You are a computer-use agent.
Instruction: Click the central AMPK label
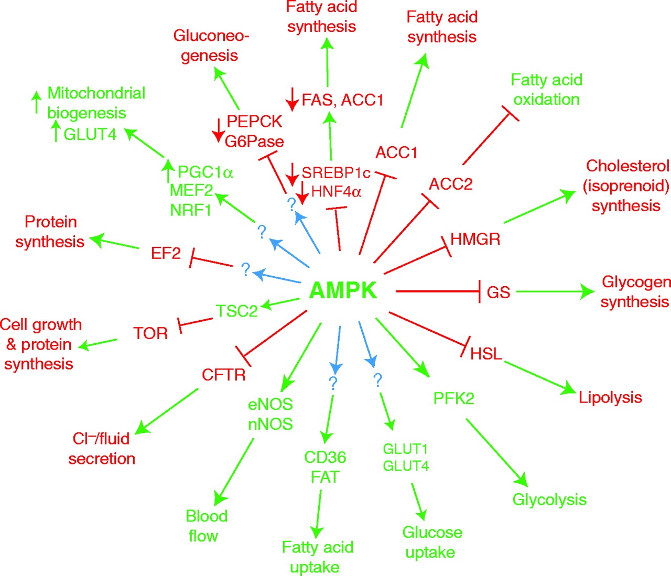click(343, 290)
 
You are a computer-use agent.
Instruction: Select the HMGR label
click(475, 239)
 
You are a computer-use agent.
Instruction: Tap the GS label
click(498, 292)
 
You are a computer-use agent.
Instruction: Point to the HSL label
click(486, 353)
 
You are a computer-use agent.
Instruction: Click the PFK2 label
click(453, 398)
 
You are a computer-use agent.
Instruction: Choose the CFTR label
click(224, 375)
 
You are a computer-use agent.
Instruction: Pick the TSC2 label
click(237, 311)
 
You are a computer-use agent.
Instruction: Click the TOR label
click(150, 333)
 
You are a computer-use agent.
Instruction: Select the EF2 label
click(166, 253)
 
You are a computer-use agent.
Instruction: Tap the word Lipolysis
click(610, 397)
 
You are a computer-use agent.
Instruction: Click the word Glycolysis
click(549, 499)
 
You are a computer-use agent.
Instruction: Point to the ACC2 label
click(450, 184)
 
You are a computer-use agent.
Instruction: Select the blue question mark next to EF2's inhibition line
click(245, 270)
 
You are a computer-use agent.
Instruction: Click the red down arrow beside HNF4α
click(302, 192)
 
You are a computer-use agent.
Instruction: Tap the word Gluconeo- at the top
click(211, 36)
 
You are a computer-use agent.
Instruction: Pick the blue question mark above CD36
click(332, 383)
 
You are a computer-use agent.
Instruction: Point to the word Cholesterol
click(627, 166)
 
